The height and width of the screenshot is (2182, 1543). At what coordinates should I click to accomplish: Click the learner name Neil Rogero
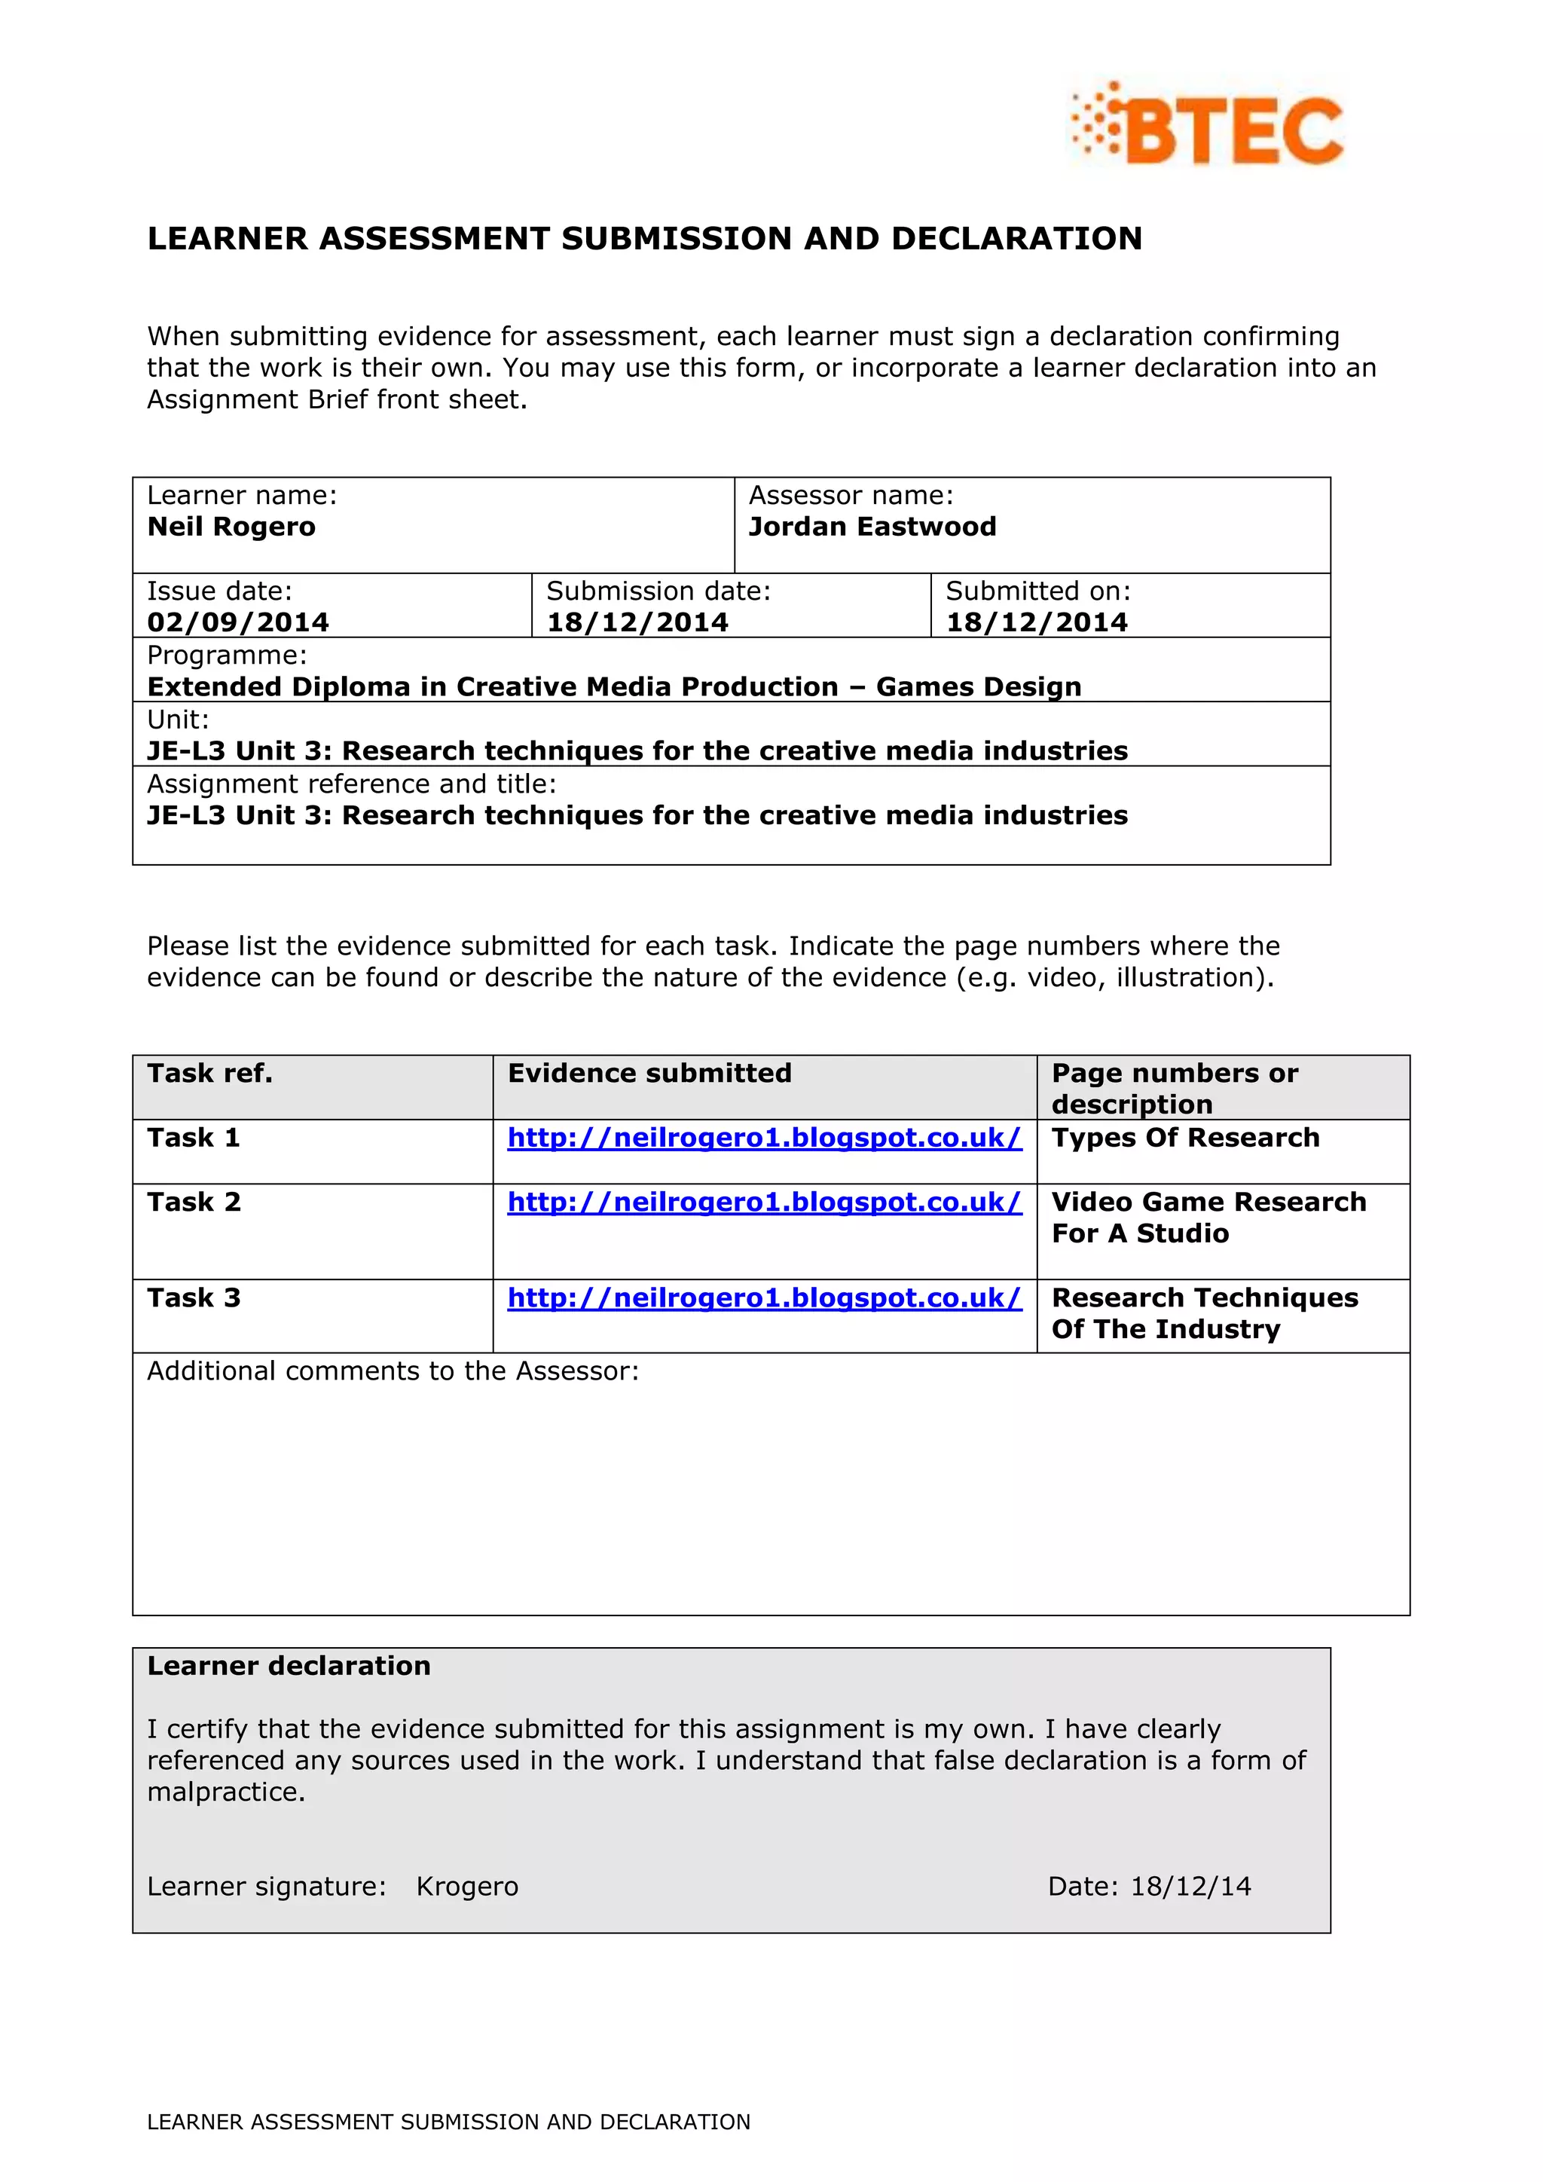coord(231,527)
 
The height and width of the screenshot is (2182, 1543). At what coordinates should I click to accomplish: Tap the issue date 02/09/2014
coord(237,622)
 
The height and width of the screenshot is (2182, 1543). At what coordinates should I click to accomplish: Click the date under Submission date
coord(637,622)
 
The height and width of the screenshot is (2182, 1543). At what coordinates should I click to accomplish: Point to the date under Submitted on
coord(1036,622)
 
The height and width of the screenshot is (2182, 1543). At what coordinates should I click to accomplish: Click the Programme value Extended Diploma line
coord(614,686)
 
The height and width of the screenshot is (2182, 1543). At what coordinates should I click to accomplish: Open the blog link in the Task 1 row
coord(764,1138)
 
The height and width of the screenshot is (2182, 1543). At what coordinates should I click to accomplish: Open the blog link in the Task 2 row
coord(764,1203)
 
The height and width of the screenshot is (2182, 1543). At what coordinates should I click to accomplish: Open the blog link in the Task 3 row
coord(764,1298)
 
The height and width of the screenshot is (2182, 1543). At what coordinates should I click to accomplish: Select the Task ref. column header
coord(210,1074)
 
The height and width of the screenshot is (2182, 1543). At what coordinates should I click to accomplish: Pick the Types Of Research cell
coord(1185,1138)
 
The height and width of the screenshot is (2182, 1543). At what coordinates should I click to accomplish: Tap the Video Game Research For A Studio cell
coord(1208,1218)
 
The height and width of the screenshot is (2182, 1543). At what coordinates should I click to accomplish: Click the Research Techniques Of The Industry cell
coord(1204,1313)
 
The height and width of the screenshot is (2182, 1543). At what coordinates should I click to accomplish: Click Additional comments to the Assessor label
coord(393,1371)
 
